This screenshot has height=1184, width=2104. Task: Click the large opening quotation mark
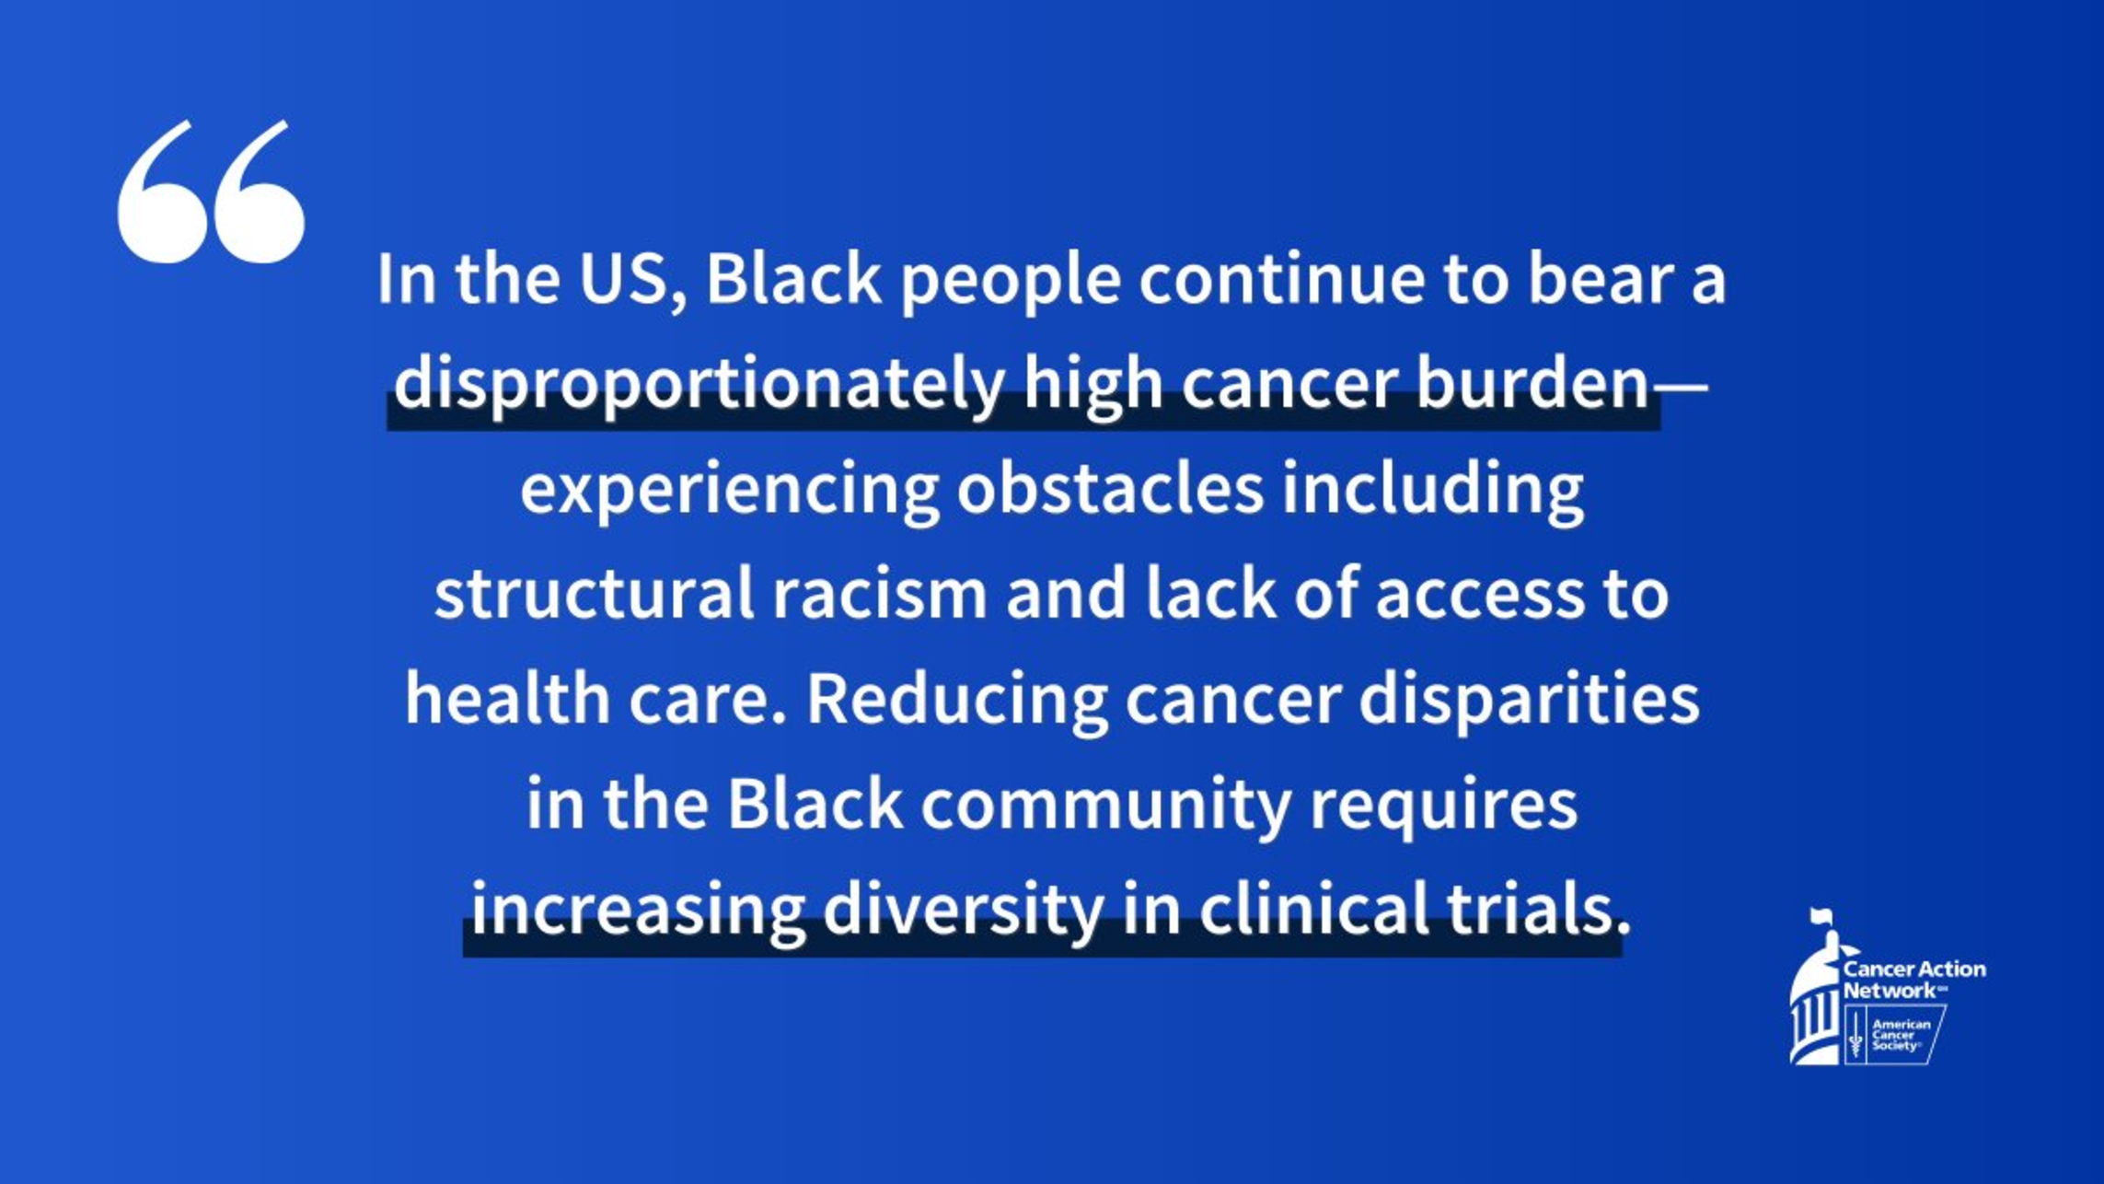click(211, 192)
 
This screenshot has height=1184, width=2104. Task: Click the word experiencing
click(729, 491)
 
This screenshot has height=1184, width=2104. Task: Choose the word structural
click(594, 593)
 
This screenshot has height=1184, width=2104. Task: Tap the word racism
click(879, 593)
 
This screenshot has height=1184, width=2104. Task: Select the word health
click(507, 698)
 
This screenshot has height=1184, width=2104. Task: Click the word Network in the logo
click(1890, 991)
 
